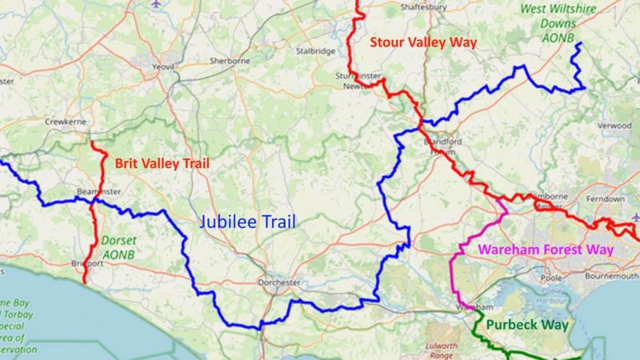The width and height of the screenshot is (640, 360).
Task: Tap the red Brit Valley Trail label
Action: tap(161, 163)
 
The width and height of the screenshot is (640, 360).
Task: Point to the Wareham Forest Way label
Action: tap(546, 250)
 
